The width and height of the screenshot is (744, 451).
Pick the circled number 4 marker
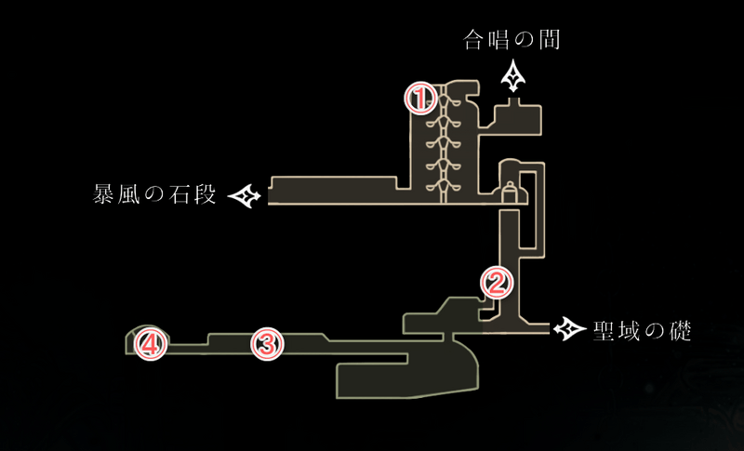coord(151,345)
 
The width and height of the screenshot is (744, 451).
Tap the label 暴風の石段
coord(154,196)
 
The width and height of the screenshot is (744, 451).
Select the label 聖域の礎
coord(642,330)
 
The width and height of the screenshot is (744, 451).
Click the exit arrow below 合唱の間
coord(512,76)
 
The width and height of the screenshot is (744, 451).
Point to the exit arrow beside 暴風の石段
coord(246,196)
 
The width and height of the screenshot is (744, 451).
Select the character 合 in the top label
coord(475,40)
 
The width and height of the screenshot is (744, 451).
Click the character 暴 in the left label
coord(103,196)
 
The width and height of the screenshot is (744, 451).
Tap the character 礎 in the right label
coord(680,330)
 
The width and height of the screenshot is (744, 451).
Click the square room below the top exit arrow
coord(516,116)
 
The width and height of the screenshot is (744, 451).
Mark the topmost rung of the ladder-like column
coord(444,95)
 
